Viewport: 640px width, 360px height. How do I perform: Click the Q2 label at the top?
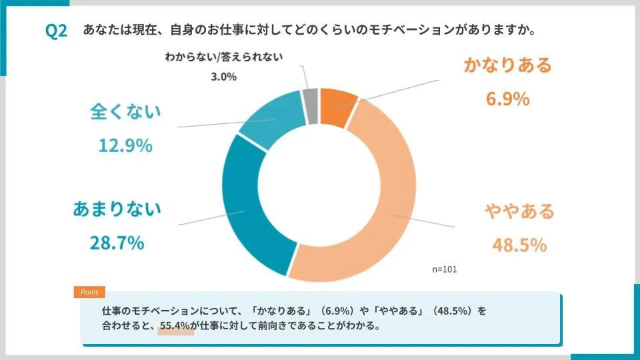coord(56,31)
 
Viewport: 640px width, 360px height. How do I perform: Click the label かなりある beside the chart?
coord(507,65)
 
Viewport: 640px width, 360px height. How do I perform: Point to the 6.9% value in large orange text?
coord(507,99)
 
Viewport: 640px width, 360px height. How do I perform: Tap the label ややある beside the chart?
coord(519,212)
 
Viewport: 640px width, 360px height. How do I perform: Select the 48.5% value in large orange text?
coord(519,245)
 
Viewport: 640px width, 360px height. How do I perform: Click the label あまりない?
coord(117,209)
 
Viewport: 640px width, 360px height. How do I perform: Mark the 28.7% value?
coord(117,243)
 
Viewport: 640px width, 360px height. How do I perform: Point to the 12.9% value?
coord(125,145)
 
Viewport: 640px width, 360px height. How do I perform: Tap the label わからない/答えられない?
coord(223,57)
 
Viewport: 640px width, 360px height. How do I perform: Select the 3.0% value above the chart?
coord(223,77)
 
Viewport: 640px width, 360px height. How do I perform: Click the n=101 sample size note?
coord(445,269)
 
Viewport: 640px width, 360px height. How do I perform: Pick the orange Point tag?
coord(89,292)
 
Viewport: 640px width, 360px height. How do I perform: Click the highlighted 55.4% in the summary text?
coord(175,327)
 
